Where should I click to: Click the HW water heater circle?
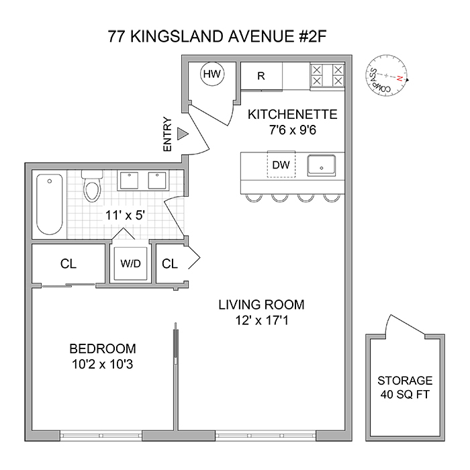(212, 74)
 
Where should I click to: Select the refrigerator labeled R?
(261, 76)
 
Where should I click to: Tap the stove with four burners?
(327, 75)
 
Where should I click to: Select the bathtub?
(50, 203)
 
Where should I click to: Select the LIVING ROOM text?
(261, 305)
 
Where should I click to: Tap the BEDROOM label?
(103, 349)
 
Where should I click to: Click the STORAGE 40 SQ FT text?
(405, 387)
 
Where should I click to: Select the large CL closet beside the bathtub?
(68, 264)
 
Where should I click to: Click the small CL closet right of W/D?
(170, 264)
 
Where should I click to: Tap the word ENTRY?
(168, 135)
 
